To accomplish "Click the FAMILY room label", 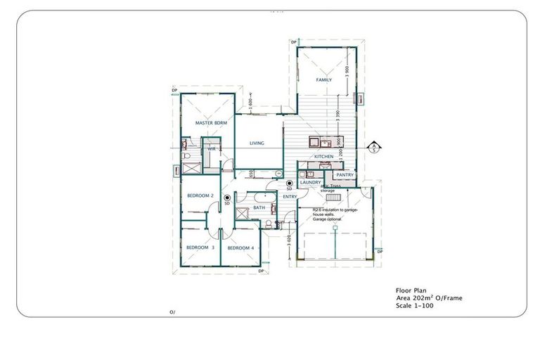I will click(323, 80).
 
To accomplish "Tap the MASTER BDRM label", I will click(209, 123).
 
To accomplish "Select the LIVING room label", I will click(257, 143).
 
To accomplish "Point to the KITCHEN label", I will click(323, 156).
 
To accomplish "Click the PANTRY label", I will click(345, 174).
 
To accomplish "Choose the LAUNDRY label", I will click(310, 183).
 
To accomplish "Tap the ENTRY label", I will click(290, 197).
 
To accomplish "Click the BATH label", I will click(259, 208).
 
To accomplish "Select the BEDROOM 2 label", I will click(201, 195).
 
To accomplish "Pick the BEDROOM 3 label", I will click(200, 247).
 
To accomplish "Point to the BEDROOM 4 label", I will click(240, 247).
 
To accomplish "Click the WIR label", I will click(211, 150).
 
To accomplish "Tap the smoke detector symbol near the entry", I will click(289, 184).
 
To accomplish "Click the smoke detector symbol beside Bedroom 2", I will click(227, 198).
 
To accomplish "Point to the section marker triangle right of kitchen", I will click(375, 146).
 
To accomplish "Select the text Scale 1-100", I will click(414, 305).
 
